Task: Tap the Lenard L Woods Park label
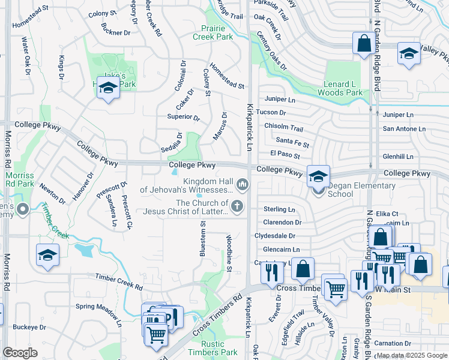coord(340,88)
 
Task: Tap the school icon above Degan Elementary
coord(318,176)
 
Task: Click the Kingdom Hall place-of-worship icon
coord(243,183)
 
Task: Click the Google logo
coord(20,353)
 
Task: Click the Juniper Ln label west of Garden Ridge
coord(279,100)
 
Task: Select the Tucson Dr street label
coord(271,112)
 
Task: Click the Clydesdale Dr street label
coord(275,236)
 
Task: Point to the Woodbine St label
coord(229,253)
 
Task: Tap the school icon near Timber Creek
coord(48,255)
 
